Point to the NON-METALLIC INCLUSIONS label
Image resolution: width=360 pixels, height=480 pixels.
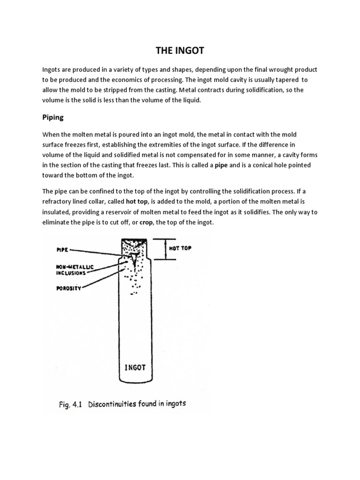pos(71,270)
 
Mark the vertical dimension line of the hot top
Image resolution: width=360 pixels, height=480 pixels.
pos(165,248)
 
